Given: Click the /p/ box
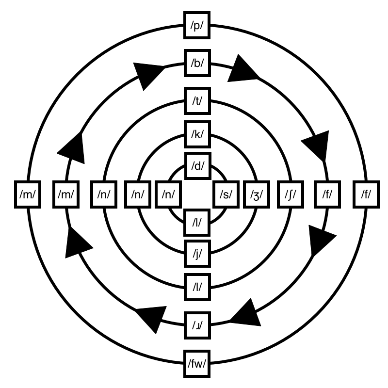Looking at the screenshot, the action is pos(197,26).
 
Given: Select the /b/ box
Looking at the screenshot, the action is pos(197,63).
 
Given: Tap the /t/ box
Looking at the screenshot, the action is pos(197,100).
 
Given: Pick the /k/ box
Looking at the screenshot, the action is pos(197,133).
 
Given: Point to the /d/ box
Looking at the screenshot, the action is pos(197,165).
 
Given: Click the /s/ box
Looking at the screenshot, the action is pos(226,195).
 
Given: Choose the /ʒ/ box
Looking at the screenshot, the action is pos(257,195).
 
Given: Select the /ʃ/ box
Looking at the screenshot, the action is pos(290,195).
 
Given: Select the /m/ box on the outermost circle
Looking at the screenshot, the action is pos(26,195).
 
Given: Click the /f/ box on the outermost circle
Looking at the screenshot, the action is pos(366,195).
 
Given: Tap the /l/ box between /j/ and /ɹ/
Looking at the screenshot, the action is pos(197,286).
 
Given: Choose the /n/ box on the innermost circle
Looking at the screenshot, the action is pos(168,195).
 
